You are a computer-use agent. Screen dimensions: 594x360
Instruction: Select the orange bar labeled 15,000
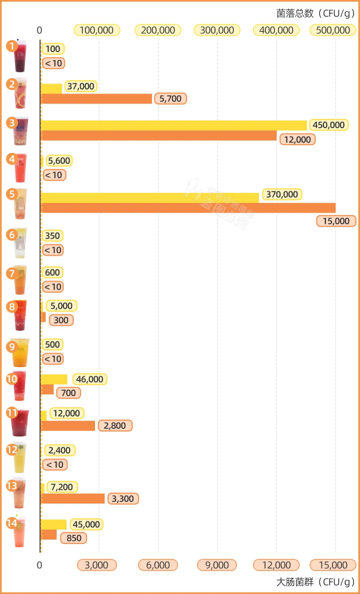point(187,208)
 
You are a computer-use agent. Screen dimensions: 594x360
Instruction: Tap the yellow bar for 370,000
point(149,198)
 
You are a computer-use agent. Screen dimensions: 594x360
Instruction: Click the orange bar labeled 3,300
point(72,498)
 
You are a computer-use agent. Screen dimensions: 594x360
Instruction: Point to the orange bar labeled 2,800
point(67,426)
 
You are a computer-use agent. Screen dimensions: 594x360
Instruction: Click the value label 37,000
point(80,87)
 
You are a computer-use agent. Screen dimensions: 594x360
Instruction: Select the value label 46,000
point(90,379)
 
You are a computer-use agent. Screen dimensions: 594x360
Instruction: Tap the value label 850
point(73,538)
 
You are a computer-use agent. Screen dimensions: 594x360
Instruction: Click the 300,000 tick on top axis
point(217,30)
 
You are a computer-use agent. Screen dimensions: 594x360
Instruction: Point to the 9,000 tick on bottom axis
point(217,565)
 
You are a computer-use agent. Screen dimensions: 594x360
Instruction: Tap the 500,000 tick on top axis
point(333,30)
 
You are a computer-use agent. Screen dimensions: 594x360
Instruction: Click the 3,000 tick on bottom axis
point(96,565)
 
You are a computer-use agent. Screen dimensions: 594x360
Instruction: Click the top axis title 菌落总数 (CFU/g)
point(315,14)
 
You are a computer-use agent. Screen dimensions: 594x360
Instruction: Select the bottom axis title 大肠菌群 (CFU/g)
point(315,582)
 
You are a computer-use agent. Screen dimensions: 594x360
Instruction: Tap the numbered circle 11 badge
point(11,413)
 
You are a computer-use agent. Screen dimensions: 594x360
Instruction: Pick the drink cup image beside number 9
point(21,353)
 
